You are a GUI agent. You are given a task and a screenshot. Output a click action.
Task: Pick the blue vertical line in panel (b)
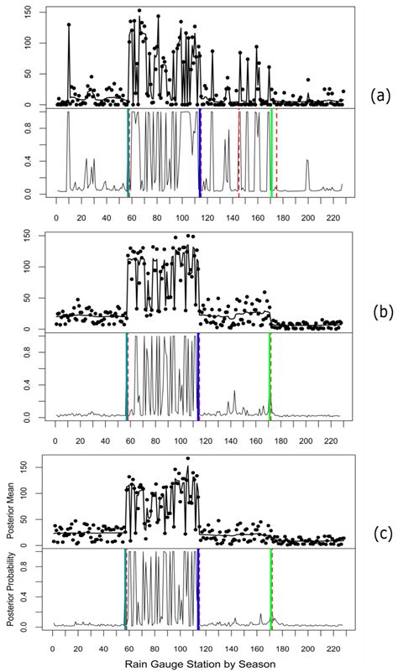198,378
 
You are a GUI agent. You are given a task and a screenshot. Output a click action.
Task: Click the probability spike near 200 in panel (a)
307,161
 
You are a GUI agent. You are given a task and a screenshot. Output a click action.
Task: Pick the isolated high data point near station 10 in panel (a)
69,25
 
